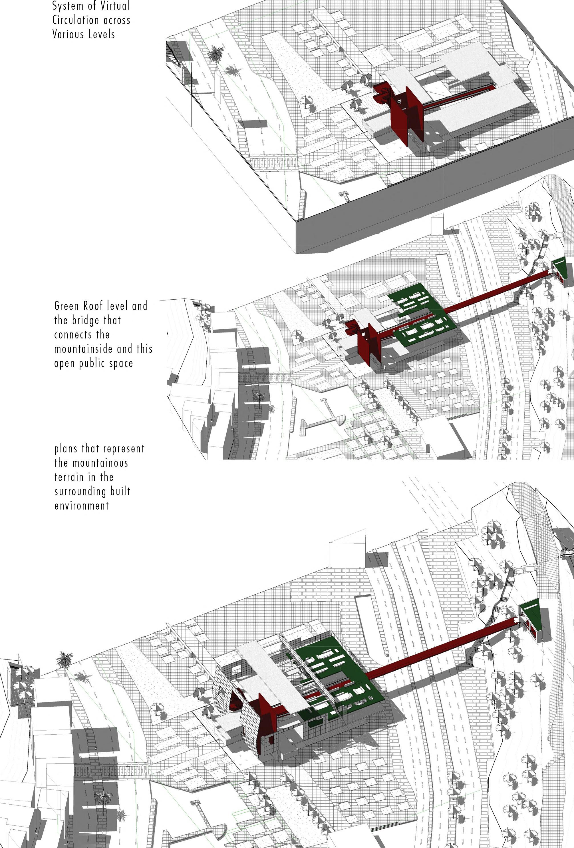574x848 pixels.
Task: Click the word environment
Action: point(81,506)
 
